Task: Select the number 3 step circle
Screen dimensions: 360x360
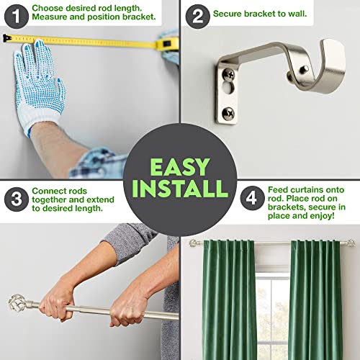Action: click(16, 199)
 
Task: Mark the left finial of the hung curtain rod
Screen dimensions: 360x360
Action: click(193, 243)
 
